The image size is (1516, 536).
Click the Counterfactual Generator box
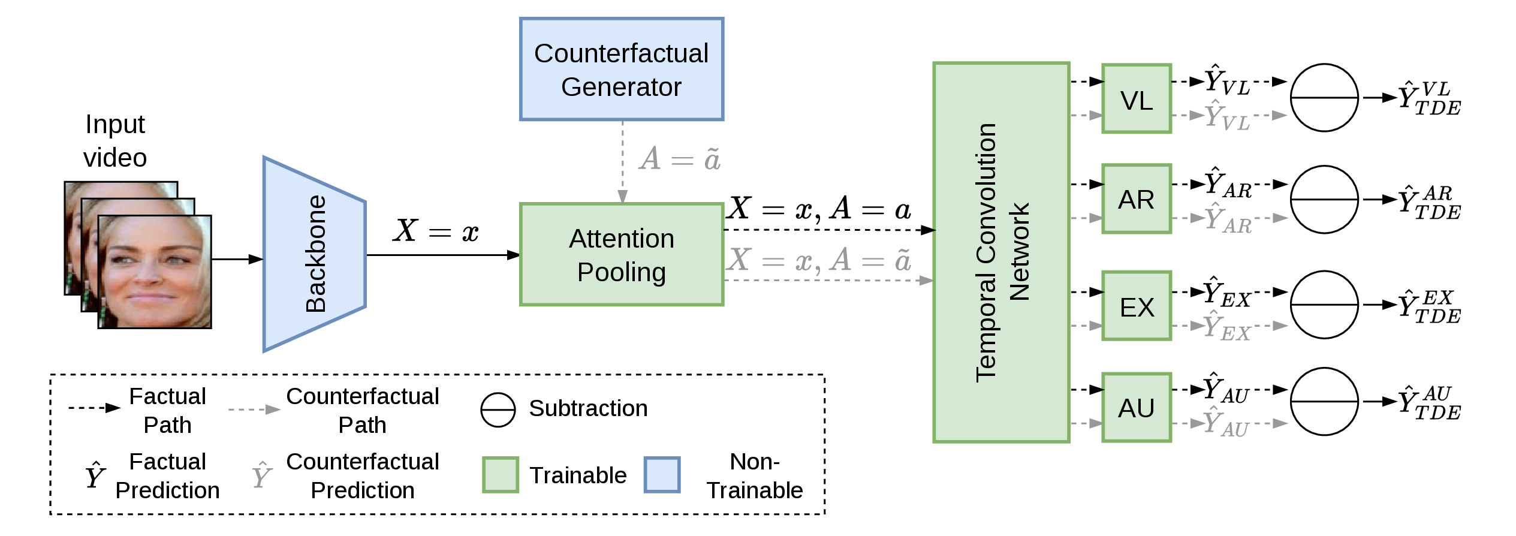click(622, 69)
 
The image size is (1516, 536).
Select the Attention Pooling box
click(622, 255)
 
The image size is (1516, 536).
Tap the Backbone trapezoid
click(314, 254)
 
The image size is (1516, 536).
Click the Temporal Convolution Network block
click(1001, 252)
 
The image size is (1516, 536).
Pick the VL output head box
click(1137, 98)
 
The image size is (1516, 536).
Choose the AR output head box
click(1137, 198)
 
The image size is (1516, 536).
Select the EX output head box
click(1137, 306)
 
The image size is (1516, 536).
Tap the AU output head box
click(1137, 408)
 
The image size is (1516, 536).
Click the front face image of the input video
click(155, 272)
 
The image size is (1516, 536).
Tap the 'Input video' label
click(115, 141)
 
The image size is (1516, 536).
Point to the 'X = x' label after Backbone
click(436, 231)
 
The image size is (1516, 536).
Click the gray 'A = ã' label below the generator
click(680, 159)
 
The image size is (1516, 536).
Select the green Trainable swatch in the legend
click(501, 475)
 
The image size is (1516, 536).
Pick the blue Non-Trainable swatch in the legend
click(662, 475)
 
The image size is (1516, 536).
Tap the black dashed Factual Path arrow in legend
click(95, 408)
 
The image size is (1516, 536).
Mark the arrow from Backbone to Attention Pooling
click(444, 255)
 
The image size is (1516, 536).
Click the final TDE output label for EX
click(1430, 306)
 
